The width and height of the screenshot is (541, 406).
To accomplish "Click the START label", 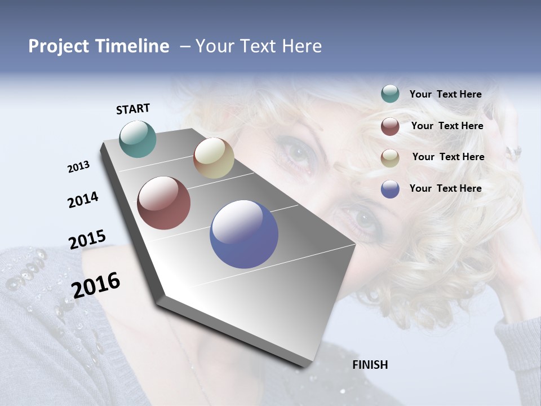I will click(133, 109).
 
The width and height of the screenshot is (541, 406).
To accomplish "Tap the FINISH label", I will click(370, 365).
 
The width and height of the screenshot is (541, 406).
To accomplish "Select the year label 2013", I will click(78, 167).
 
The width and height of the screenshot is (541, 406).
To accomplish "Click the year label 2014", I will click(83, 200).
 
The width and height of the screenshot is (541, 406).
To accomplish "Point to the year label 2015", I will click(87, 240).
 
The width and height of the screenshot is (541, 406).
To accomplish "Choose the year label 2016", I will click(96, 285).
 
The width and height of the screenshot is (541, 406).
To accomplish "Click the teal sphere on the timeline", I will click(138, 139).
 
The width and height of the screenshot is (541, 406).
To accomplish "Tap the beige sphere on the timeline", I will click(214, 158).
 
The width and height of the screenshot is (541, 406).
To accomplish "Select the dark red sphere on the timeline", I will click(163, 203).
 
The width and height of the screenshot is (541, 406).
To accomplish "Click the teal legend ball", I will click(390, 94).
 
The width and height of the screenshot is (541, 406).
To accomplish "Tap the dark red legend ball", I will click(390, 126).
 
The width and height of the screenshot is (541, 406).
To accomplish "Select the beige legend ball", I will click(390, 158).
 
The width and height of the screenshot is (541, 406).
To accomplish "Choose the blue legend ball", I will click(390, 189).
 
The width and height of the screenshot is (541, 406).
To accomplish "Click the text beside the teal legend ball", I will click(445, 94).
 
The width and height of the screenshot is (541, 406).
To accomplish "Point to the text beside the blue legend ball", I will click(445, 188).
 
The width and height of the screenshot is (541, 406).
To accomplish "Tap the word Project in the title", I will click(56, 46).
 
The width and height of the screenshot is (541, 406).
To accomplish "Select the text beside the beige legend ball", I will click(448, 157).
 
